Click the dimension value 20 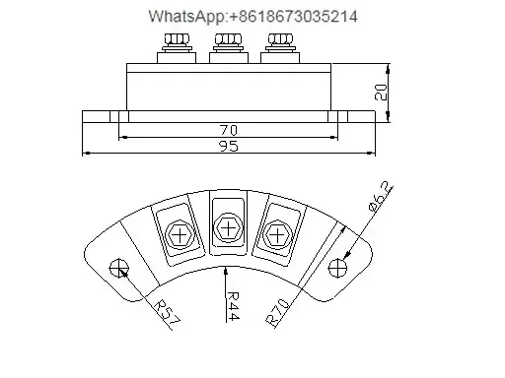pos(381,93)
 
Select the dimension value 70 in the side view pos(229,130)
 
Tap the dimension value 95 pos(229,146)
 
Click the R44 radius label pos(233,306)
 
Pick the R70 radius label pos(278,313)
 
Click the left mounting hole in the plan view pos(119,268)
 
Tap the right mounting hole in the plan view pos(337,268)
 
